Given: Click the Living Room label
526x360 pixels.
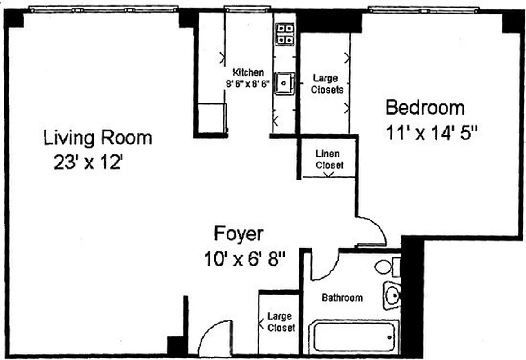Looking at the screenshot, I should click(97, 138).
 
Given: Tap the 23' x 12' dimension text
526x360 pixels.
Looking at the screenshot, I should click(88, 162).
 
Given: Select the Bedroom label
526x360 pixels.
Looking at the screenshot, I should click(425, 108).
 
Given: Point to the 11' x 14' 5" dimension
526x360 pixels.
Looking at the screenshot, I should click(431, 133).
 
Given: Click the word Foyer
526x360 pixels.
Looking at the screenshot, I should click(238, 234).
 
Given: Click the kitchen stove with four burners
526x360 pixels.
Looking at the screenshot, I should click(285, 34).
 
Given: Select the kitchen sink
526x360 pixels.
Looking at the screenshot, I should click(284, 84).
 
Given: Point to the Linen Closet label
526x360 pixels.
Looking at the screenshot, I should click(329, 159).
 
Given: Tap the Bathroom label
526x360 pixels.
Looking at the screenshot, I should click(342, 297).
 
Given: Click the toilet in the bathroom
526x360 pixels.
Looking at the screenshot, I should click(386, 267).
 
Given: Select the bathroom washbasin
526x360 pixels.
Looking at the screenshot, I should click(392, 295).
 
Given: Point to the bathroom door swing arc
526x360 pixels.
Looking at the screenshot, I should click(325, 265).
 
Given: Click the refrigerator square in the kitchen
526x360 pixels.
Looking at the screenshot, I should click(211, 118).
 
